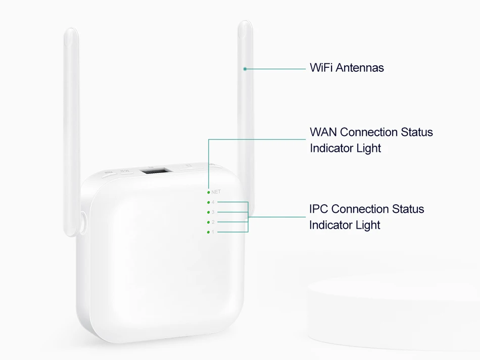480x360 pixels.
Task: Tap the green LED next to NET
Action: [208, 192]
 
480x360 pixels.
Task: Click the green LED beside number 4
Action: [208, 202]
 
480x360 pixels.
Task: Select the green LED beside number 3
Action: [208, 212]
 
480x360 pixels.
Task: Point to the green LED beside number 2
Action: [208, 222]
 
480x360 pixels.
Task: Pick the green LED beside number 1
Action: [208, 232]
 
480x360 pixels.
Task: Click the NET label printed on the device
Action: [216, 192]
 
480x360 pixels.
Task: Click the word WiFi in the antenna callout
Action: [321, 68]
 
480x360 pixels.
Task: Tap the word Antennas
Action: [360, 68]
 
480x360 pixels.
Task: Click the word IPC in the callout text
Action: [319, 209]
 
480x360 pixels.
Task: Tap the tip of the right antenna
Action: [246, 24]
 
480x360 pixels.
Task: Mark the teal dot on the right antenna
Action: [245, 68]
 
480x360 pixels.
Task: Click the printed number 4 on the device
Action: [213, 202]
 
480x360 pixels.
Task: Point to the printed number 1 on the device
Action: [213, 232]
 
